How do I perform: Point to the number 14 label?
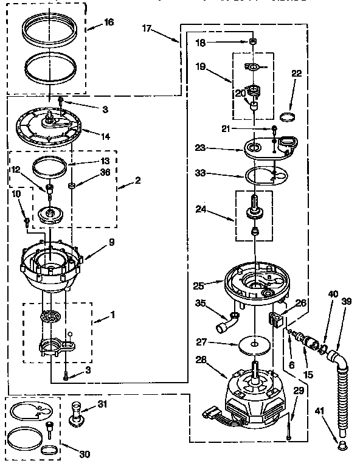[105, 136]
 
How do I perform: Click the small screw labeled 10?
[26, 221]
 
